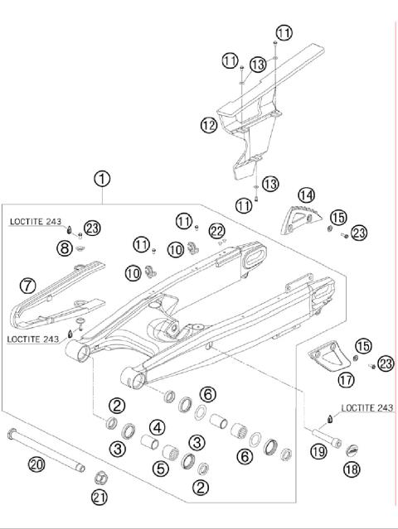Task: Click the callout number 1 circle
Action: (x=102, y=178)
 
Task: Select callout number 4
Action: (x=155, y=427)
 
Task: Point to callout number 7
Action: (x=28, y=286)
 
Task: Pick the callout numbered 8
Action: (x=65, y=248)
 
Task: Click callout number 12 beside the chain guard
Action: (x=208, y=125)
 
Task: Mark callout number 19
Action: (x=317, y=452)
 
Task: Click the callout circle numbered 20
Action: (x=36, y=464)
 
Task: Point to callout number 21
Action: (x=99, y=497)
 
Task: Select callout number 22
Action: (x=217, y=230)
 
